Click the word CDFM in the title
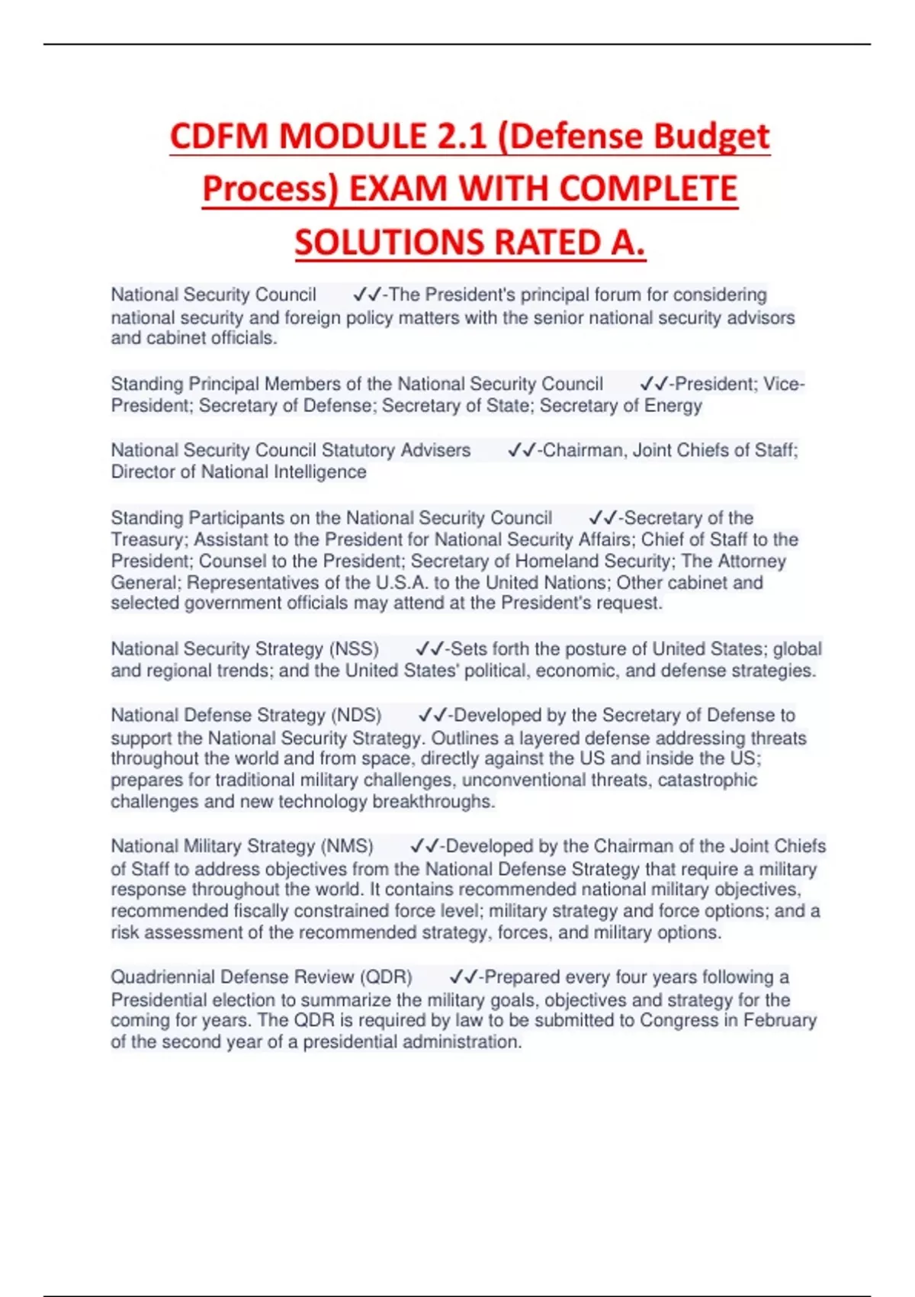(x=219, y=137)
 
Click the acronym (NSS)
(x=354, y=649)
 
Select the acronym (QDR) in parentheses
(x=386, y=977)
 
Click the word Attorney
(x=752, y=562)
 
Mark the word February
(x=779, y=1021)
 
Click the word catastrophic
(x=707, y=780)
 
